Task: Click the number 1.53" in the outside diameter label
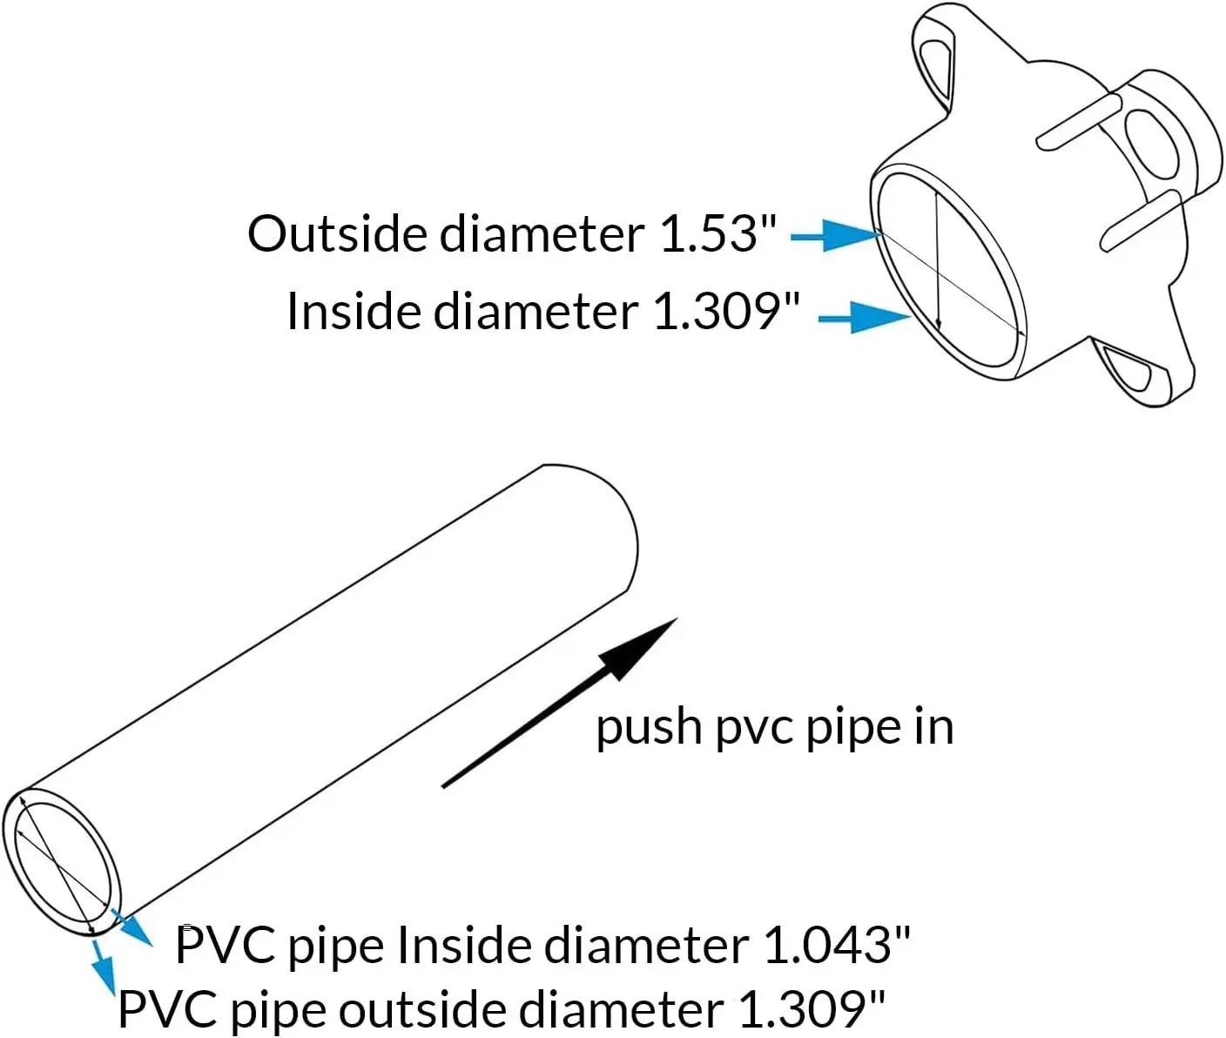[718, 233]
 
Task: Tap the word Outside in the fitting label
[337, 233]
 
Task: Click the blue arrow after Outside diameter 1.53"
[836, 236]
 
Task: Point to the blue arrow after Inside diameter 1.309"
[864, 317]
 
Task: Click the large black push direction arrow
[559, 703]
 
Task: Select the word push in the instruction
[650, 729]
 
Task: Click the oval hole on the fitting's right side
[1150, 145]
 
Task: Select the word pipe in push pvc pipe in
[855, 729]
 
